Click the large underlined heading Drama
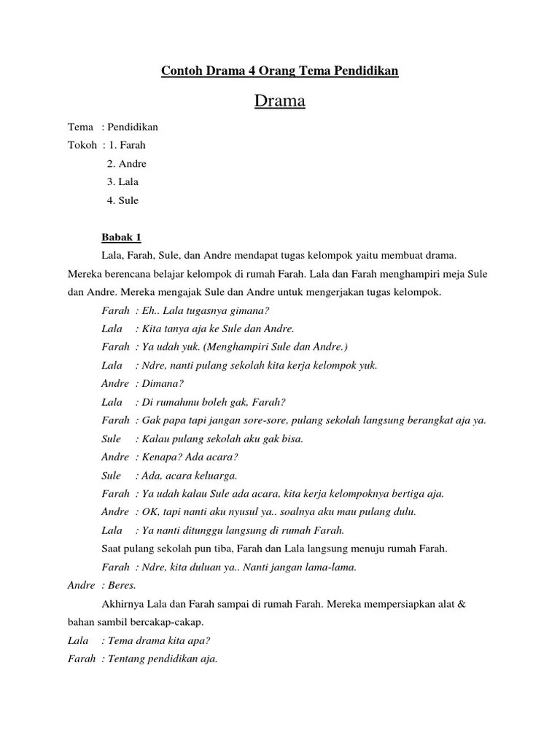coord(279,101)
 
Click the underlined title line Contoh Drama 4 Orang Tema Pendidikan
coord(279,71)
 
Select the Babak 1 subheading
coord(121,237)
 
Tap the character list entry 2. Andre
coord(127,164)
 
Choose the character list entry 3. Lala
coord(122,182)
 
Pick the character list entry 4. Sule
coord(122,200)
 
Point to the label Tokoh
coord(82,145)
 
